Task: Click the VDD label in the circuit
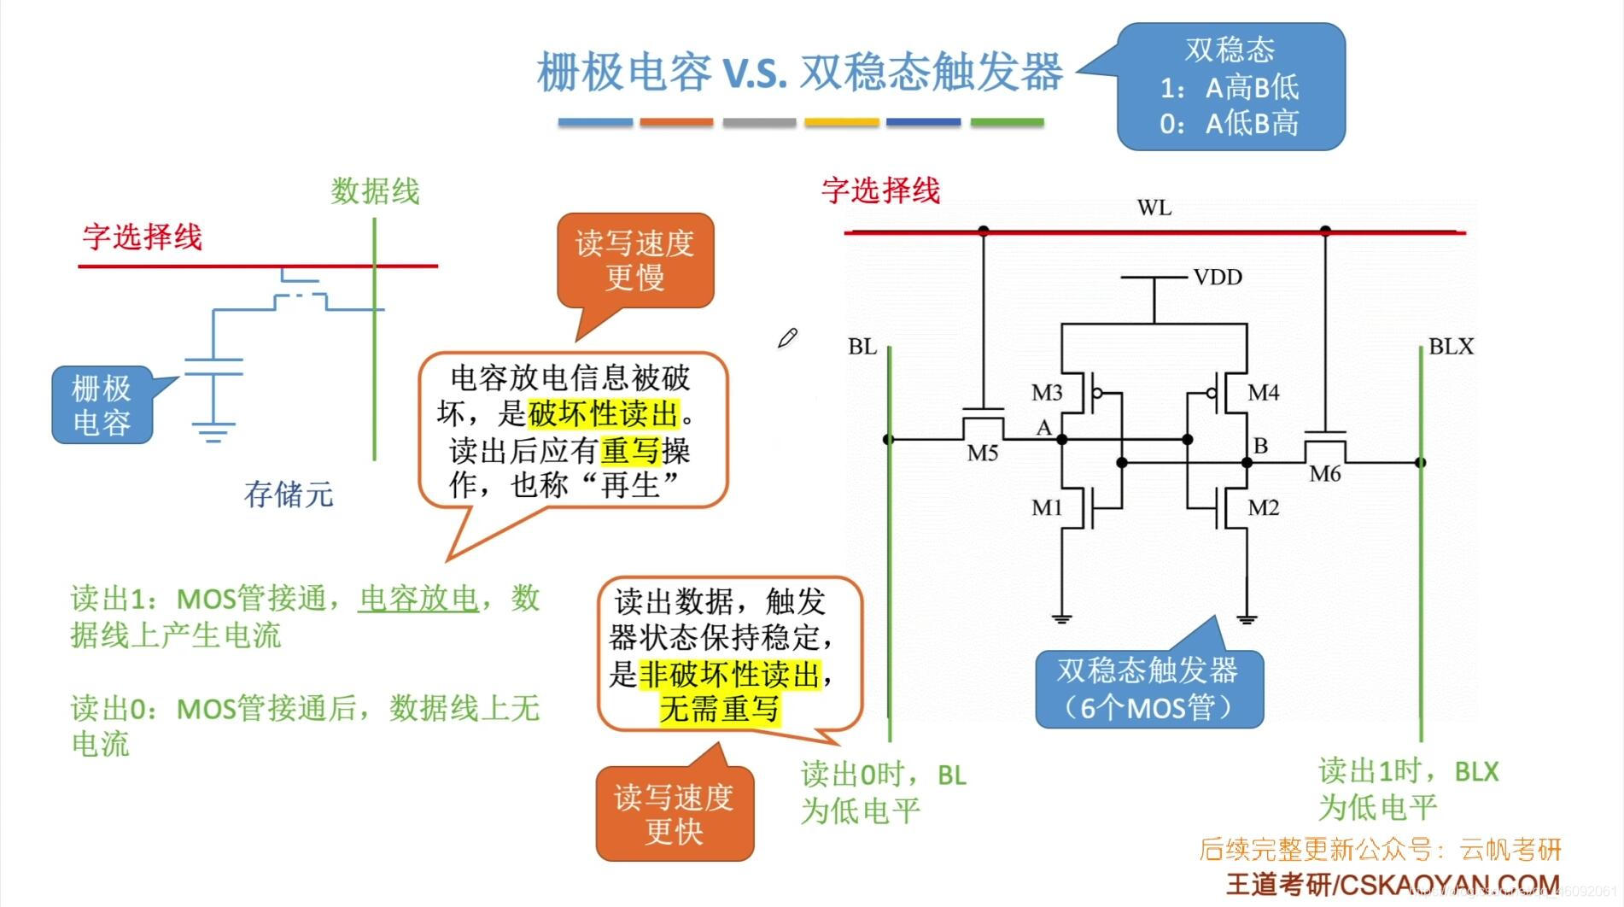(1218, 277)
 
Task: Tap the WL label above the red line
(1154, 208)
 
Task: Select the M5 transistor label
(982, 453)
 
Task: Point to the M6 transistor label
(1324, 473)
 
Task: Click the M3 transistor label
(1046, 392)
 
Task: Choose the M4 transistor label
(1263, 392)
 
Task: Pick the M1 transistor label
(1046, 507)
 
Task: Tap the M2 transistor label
(1263, 507)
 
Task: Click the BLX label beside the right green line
(1451, 346)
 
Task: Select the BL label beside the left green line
(862, 346)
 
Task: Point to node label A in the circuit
(1043, 427)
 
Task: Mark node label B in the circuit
(1260, 445)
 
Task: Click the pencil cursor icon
(787, 338)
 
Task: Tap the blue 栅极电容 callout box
(102, 405)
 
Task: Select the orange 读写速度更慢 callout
(634, 260)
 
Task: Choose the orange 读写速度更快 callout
(674, 813)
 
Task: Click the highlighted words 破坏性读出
(603, 413)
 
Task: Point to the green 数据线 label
(375, 191)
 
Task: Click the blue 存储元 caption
(288, 494)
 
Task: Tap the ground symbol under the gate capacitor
(213, 432)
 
